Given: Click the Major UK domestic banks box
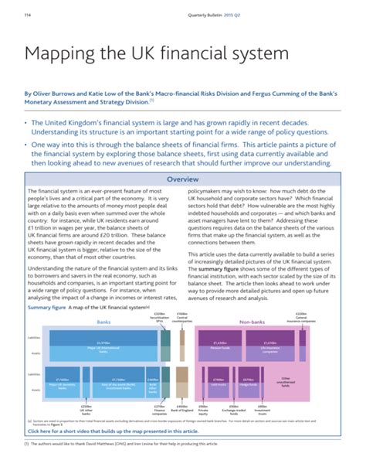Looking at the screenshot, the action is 63,382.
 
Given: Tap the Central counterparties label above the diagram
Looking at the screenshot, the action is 182,316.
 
